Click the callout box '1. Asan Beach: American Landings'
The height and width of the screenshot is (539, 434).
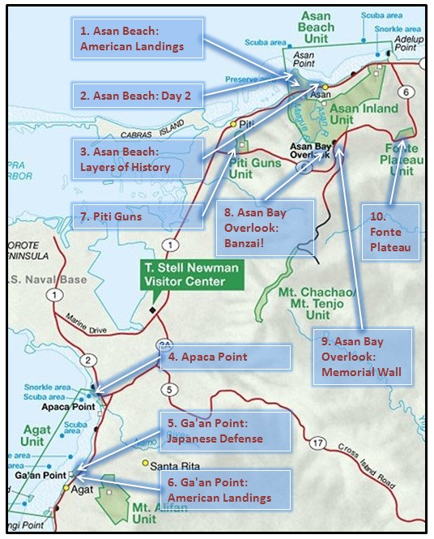138,38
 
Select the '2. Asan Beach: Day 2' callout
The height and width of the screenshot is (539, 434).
137,96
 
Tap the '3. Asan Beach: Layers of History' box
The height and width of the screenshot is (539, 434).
137,159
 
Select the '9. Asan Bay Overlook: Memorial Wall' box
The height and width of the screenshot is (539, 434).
362,357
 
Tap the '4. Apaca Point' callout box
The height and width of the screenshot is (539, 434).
224,357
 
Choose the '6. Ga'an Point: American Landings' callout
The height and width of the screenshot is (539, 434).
224,489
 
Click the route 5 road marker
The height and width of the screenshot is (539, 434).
168,390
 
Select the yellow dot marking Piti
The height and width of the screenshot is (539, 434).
233,124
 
